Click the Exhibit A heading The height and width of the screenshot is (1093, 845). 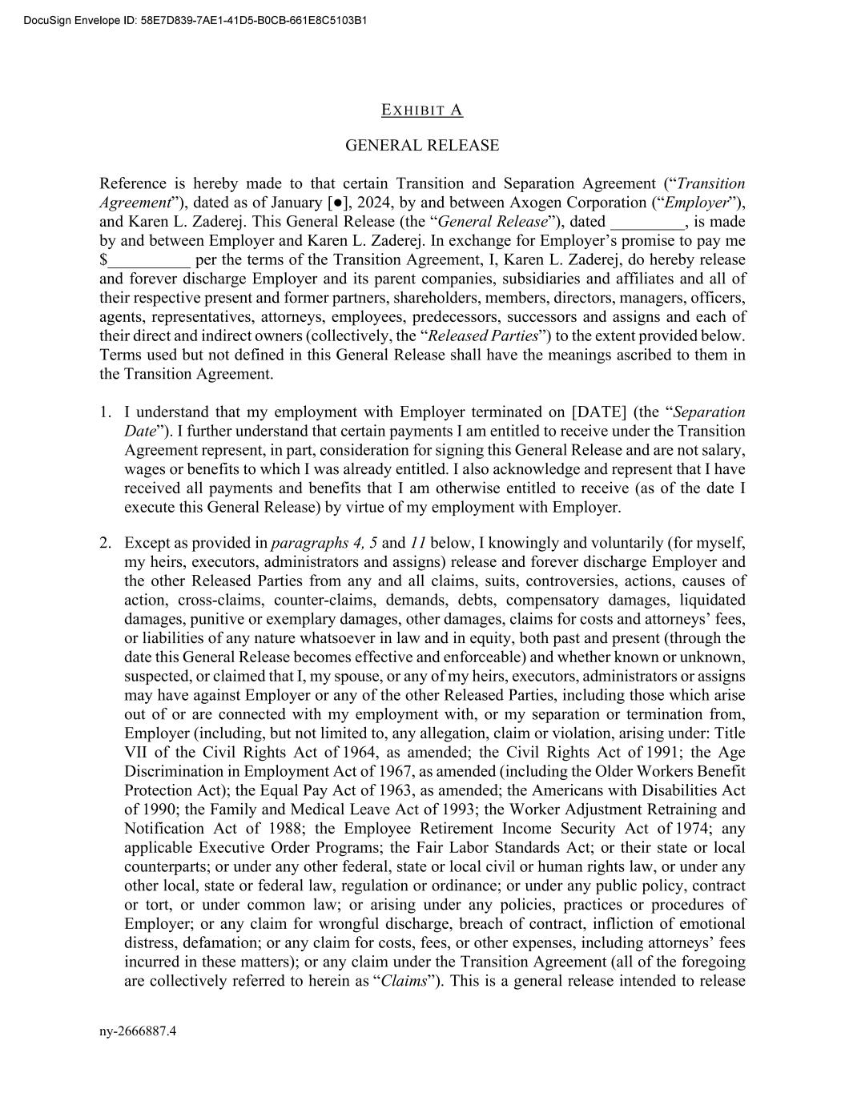click(x=422, y=111)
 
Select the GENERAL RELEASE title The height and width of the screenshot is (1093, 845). click(x=422, y=146)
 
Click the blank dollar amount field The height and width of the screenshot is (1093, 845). click(x=150, y=261)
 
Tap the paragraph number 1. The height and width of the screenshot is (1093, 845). click(x=105, y=412)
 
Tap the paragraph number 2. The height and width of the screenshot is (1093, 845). click(x=105, y=544)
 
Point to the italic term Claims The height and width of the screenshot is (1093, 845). click(x=404, y=982)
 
